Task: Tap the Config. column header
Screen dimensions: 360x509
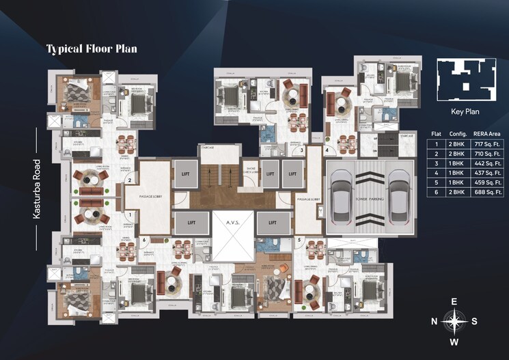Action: click(x=458, y=135)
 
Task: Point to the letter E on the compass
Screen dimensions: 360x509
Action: click(x=454, y=301)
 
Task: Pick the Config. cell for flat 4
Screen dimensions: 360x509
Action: click(x=458, y=174)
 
